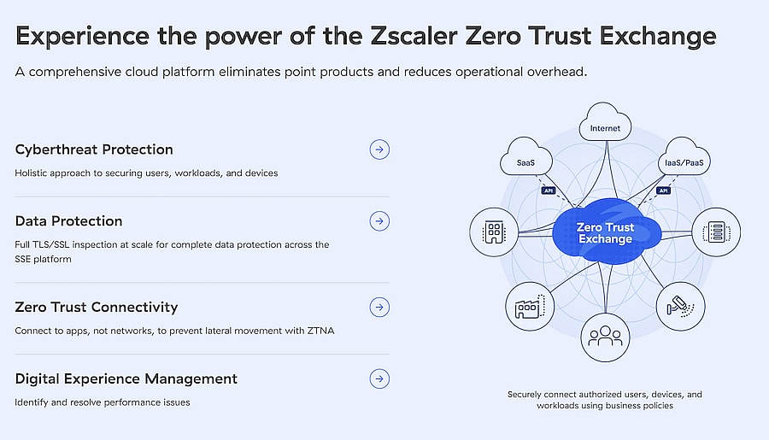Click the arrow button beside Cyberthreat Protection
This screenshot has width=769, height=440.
tap(379, 150)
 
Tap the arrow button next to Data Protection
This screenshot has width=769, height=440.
tap(379, 221)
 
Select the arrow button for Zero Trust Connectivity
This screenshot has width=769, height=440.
tap(379, 307)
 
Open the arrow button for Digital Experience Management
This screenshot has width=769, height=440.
tap(379, 378)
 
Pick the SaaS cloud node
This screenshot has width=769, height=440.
tap(525, 157)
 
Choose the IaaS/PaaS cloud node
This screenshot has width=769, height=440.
tap(684, 157)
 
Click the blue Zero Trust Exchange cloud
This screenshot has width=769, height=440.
tap(606, 232)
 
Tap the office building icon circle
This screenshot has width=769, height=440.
tap(494, 232)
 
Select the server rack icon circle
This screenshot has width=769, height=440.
tap(716, 232)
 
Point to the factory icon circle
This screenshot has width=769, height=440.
tap(530, 307)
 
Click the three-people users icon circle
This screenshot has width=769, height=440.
tap(605, 337)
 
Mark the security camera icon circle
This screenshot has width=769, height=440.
tap(680, 307)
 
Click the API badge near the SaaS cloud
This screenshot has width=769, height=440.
tap(549, 191)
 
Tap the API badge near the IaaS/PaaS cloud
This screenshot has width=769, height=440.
tap(663, 191)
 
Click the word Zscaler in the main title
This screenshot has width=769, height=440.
tap(414, 36)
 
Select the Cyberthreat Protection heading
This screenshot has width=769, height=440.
tap(94, 150)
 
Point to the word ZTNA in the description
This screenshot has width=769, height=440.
tap(320, 331)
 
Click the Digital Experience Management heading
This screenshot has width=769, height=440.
tap(126, 379)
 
